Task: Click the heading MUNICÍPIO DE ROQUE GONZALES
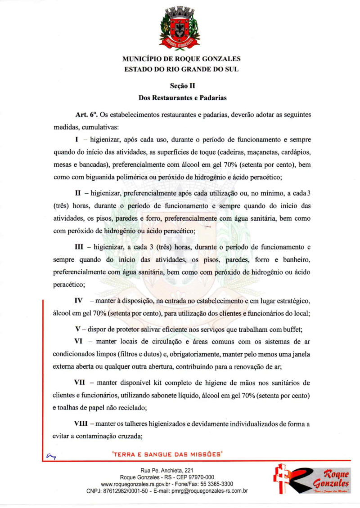[x=181, y=59]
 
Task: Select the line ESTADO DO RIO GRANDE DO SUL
[x=181, y=69]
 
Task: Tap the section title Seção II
[x=182, y=86]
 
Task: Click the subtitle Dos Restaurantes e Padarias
[x=182, y=97]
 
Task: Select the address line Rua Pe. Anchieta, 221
[x=167, y=471]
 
